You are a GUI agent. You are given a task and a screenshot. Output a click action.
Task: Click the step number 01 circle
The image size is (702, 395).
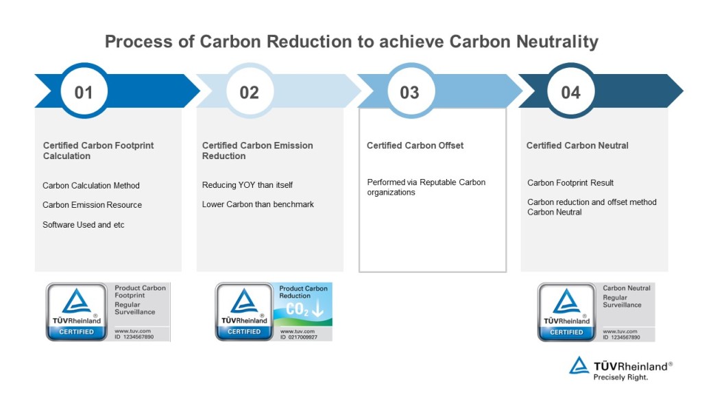click(x=84, y=92)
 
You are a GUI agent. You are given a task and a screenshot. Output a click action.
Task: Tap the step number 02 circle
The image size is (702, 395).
click(x=249, y=92)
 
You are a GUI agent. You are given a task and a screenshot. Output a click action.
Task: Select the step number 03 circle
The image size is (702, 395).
click(x=409, y=92)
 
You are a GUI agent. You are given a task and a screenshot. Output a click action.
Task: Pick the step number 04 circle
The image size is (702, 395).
click(x=570, y=92)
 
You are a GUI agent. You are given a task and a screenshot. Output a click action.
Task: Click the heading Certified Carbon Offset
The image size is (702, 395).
click(x=415, y=145)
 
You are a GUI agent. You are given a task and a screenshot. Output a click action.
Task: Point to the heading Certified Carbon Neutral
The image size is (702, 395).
click(x=577, y=145)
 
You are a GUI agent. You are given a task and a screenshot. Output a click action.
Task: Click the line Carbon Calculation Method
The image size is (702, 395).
click(x=91, y=185)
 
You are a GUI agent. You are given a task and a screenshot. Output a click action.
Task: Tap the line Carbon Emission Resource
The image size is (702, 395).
click(x=92, y=205)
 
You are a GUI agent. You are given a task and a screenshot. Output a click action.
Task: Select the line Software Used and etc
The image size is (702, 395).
click(x=84, y=225)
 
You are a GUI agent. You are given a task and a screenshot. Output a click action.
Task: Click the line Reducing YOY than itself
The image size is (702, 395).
click(x=247, y=185)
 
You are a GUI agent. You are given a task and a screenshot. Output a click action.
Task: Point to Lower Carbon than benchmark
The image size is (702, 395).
click(x=258, y=204)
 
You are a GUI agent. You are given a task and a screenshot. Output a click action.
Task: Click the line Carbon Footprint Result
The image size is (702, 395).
click(x=570, y=182)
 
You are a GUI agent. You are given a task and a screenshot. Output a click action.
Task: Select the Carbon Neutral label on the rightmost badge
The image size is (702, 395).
click(x=627, y=288)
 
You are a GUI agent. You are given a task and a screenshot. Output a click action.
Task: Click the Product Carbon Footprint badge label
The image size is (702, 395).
click(x=140, y=291)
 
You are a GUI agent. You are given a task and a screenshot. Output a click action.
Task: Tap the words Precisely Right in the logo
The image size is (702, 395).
click(x=620, y=376)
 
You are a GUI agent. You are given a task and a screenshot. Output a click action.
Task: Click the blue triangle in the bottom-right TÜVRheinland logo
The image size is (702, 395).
click(x=579, y=366)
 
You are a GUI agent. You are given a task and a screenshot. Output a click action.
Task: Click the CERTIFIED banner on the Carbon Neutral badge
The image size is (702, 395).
click(x=566, y=332)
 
